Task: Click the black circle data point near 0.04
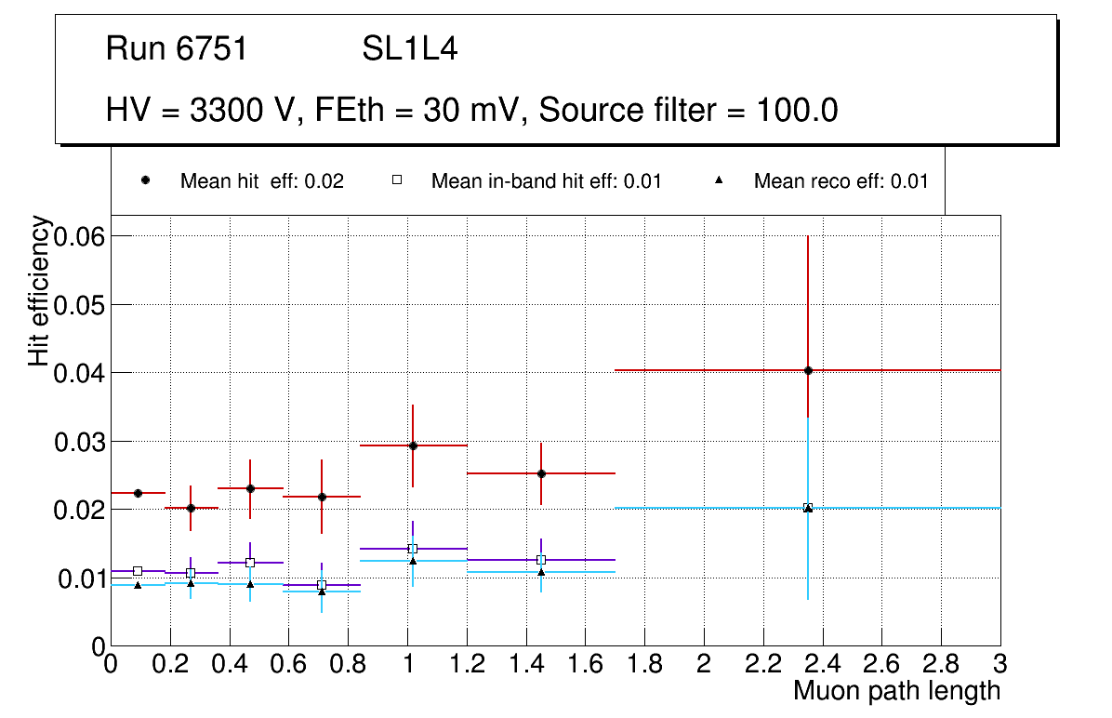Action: (808, 370)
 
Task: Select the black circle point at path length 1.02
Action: (413, 445)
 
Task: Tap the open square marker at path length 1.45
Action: (541, 560)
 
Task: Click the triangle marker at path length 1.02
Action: (413, 561)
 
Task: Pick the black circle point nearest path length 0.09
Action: (138, 493)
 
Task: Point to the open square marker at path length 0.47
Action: (250, 563)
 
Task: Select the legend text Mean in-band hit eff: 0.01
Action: (546, 181)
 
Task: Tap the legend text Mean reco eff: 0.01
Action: (841, 181)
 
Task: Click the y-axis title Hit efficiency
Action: (39, 290)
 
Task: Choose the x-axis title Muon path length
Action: (896, 691)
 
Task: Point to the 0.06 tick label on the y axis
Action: (79, 236)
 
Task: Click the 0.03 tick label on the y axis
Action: (79, 442)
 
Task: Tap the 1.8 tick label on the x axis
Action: (644, 665)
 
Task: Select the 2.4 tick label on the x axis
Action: (822, 665)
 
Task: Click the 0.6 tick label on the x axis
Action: (288, 665)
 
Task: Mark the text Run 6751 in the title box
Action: (177, 49)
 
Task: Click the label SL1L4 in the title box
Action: (409, 49)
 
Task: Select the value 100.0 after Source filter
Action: (796, 111)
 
